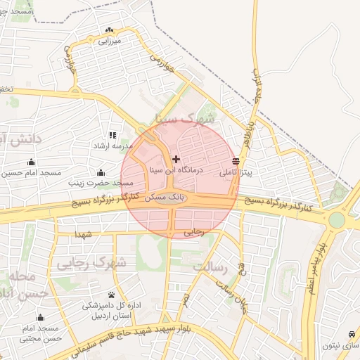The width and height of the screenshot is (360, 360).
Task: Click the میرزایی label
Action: [x=111, y=41]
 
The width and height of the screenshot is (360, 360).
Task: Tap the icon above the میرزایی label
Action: [x=108, y=30]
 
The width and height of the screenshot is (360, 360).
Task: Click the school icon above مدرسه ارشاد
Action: [x=112, y=134]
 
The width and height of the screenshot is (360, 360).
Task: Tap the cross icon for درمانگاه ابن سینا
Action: [x=176, y=160]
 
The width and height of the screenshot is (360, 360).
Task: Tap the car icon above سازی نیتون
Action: [x=350, y=334]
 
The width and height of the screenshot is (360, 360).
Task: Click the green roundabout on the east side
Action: [x=337, y=220]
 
